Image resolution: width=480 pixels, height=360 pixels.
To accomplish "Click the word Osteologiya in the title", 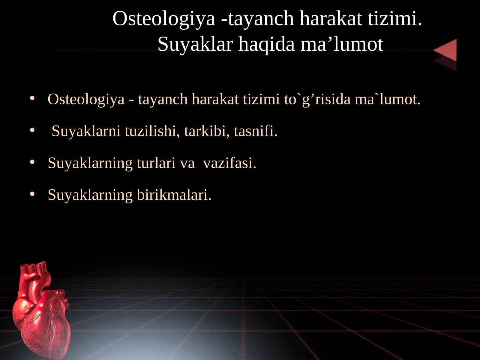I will coord(164,19).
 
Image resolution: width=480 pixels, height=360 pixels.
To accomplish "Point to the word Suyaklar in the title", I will coord(195,45).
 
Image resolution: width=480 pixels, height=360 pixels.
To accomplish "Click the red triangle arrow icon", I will coord(446,52).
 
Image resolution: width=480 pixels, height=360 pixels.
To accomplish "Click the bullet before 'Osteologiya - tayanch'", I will coord(32,99).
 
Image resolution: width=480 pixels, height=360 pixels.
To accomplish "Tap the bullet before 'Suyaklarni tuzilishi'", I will coord(32,131).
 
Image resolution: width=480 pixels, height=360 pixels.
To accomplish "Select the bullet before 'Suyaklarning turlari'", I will coord(32,163).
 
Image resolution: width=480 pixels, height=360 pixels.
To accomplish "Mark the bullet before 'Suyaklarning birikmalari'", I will coord(32,194).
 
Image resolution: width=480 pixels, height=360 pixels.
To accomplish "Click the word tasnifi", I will coord(256,131).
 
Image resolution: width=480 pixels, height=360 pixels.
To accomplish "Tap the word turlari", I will coord(156,163).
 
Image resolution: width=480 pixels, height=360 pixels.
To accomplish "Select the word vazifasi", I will coord(229,163).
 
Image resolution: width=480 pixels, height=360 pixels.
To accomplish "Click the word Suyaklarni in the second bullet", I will coord(86,131).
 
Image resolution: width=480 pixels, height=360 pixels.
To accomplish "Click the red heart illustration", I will coord(42,318).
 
